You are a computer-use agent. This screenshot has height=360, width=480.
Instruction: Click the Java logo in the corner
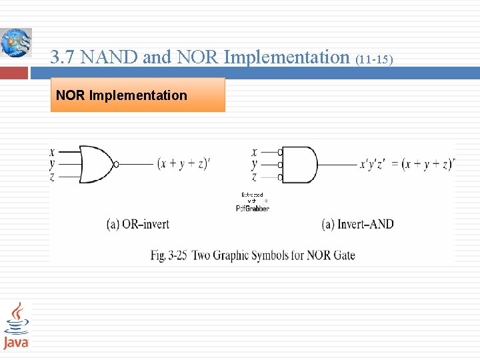[x=16, y=325]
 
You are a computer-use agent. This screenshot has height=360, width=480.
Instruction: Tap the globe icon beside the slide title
[x=15, y=43]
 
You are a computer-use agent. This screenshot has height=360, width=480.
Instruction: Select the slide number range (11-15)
[x=375, y=60]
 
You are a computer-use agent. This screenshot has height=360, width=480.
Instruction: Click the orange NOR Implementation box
[x=137, y=95]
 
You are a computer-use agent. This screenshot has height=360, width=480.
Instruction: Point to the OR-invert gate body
[x=95, y=164]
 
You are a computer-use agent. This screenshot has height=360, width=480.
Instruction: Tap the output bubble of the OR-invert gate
[x=116, y=164]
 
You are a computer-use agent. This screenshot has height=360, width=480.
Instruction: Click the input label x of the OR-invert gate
[x=52, y=151]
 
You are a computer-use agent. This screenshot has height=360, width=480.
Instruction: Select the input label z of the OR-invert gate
[x=52, y=177]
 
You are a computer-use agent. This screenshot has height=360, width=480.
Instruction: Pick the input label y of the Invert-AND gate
[x=254, y=164]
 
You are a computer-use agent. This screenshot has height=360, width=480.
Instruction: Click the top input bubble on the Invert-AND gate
[x=280, y=152]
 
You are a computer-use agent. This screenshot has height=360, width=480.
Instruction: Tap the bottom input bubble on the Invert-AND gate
[x=280, y=177]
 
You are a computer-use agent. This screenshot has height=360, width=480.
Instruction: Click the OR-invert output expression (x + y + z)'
[x=183, y=164]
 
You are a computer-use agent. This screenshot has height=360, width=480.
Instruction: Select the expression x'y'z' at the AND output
[x=373, y=164]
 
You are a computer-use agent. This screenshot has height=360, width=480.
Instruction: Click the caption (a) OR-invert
[x=137, y=224]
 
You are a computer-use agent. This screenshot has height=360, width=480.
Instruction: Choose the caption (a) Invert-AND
[x=357, y=224]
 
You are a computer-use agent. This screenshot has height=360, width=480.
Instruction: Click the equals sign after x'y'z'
[x=395, y=164]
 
